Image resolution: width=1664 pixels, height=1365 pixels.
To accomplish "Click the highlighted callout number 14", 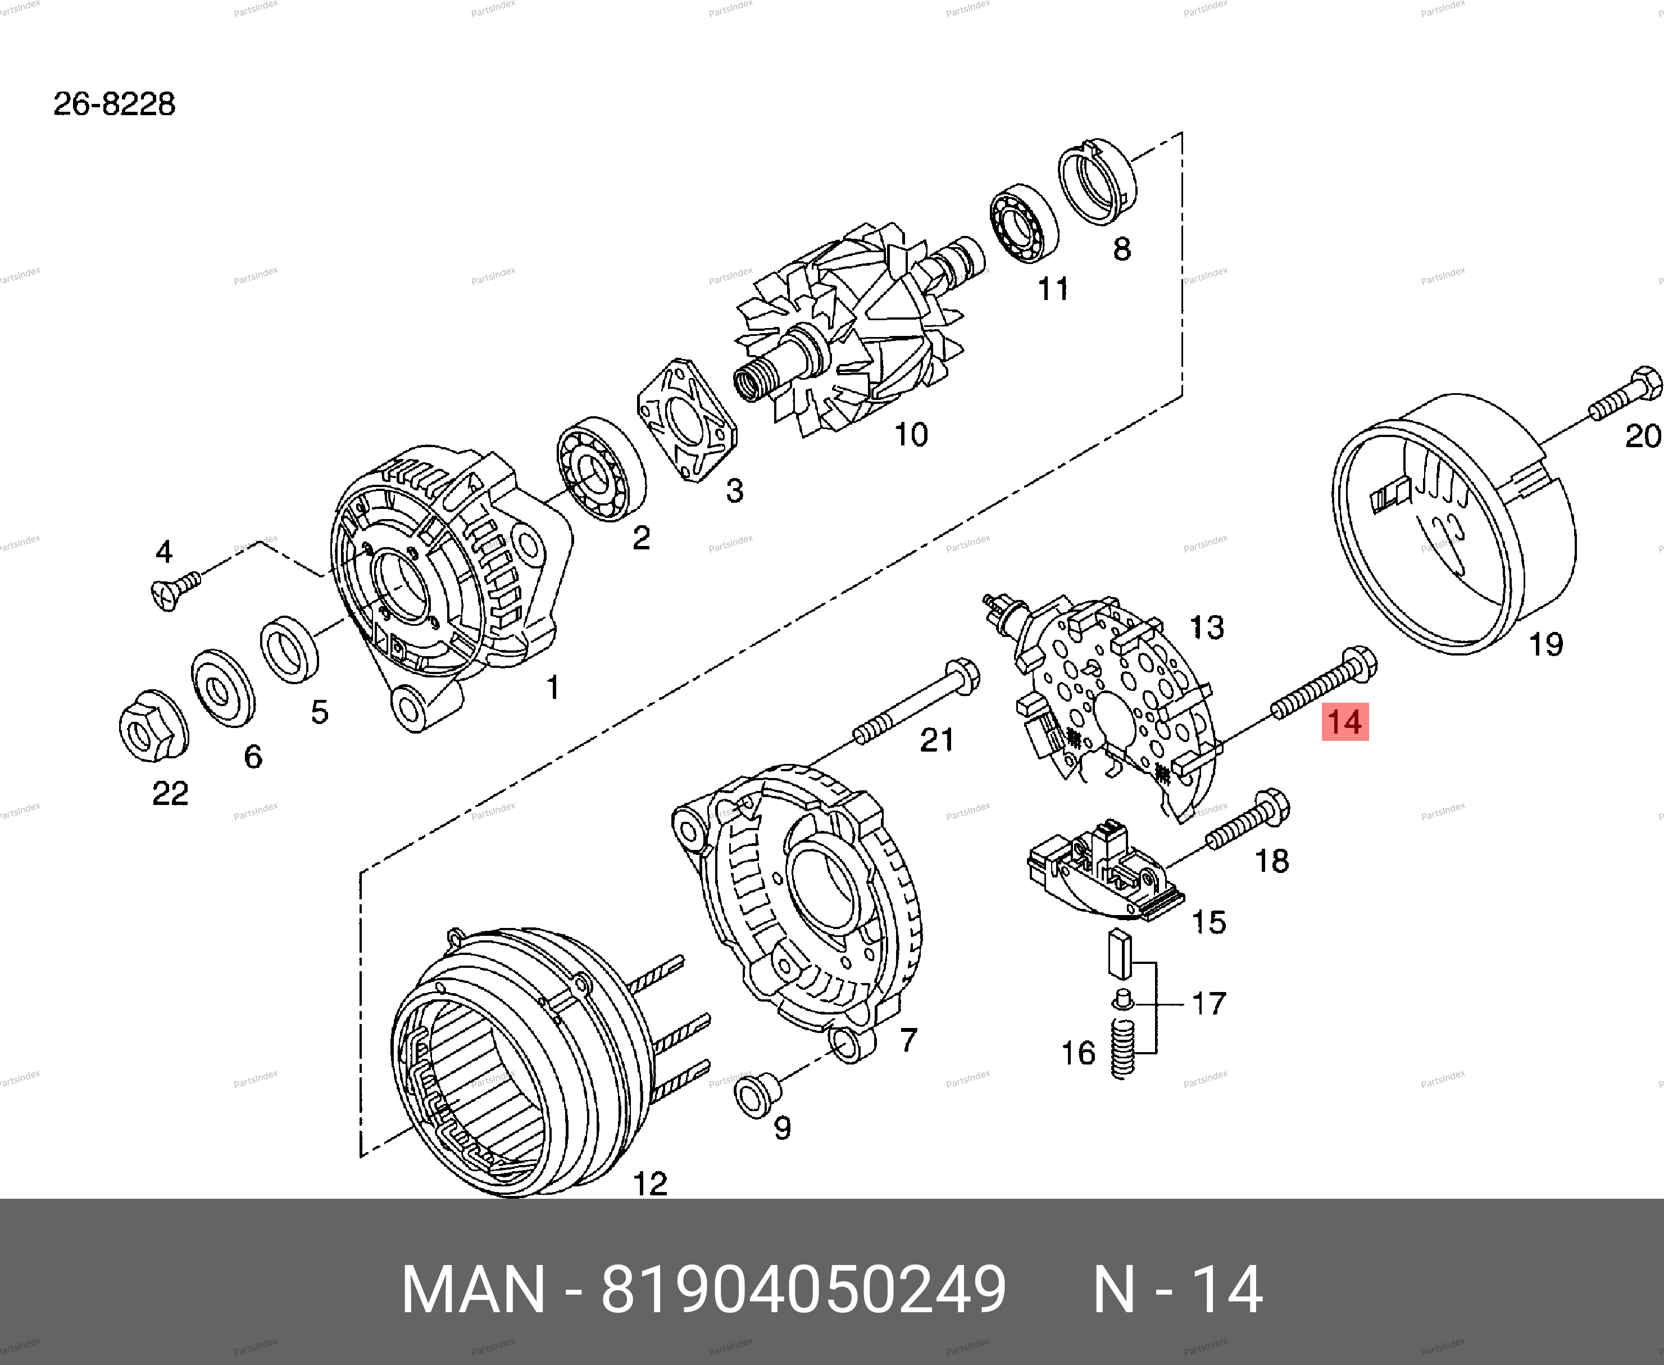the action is pos(1345,722).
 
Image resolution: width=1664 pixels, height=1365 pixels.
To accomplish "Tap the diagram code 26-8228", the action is pos(115,104).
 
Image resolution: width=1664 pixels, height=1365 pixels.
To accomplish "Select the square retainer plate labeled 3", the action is pos(687,421).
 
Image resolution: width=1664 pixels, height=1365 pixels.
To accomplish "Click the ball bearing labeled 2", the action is pos(602,470).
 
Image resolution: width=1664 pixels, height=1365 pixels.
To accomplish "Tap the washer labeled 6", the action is pos(224,688).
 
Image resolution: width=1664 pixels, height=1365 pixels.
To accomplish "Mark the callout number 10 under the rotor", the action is pos(911,435).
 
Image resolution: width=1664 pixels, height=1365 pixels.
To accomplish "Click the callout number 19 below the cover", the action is pos(1545,645).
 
